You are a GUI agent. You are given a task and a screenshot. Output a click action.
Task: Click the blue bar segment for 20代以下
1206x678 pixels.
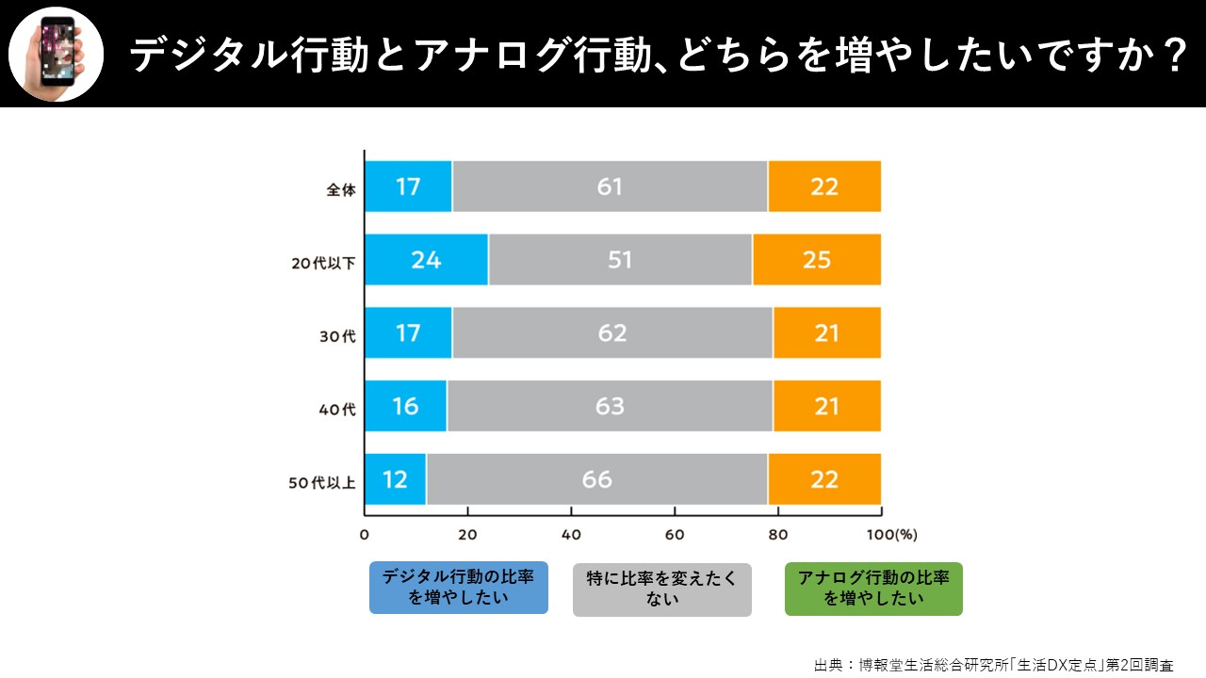(427, 260)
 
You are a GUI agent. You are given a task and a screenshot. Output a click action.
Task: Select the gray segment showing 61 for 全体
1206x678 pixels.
(610, 186)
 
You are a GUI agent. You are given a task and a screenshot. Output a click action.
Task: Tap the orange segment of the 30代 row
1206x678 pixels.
(826, 333)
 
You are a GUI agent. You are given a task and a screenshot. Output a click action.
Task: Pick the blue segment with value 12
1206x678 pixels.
(396, 479)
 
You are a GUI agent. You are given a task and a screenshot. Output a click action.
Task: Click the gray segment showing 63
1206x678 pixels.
(610, 407)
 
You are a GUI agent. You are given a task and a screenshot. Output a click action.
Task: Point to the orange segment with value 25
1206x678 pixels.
(817, 260)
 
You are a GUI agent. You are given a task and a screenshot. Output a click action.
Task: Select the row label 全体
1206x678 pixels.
(341, 189)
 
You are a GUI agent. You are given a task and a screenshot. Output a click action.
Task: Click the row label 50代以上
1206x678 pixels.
(321, 483)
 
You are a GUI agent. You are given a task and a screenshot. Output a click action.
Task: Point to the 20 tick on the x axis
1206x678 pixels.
(467, 535)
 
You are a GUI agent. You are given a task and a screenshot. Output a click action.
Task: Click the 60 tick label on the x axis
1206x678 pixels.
(675, 535)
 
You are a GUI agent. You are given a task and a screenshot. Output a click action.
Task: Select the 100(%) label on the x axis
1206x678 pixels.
(891, 535)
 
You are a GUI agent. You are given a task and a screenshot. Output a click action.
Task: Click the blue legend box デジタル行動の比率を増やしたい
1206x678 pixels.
(459, 588)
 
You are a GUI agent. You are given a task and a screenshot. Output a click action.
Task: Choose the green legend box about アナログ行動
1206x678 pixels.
(873, 589)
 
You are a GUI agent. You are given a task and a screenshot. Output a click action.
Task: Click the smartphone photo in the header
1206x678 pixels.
(56, 54)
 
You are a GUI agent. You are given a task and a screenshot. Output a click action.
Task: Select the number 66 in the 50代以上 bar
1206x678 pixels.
(597, 479)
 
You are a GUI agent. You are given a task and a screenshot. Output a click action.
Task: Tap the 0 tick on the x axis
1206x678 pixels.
(365, 535)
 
